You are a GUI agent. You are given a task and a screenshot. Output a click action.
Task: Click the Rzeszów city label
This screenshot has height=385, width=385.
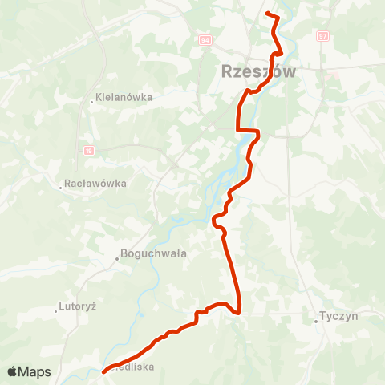[x=258, y=71]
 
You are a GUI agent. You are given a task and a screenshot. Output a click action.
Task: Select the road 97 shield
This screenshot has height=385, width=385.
[x=322, y=36]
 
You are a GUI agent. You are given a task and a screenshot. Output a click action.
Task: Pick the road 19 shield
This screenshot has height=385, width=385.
[x=88, y=150]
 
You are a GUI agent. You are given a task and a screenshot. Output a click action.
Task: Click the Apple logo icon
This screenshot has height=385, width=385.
[x=13, y=371]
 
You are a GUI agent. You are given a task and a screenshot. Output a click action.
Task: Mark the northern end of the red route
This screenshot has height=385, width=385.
[x=267, y=14]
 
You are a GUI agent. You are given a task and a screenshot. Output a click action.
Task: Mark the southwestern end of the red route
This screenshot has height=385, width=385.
[x=104, y=371]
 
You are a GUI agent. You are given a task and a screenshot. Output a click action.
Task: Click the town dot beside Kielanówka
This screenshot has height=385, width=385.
[x=92, y=102]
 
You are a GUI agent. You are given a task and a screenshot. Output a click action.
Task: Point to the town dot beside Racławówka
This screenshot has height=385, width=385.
[x=61, y=188]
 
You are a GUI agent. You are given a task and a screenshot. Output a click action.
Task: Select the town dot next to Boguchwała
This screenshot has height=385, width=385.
[x=115, y=257]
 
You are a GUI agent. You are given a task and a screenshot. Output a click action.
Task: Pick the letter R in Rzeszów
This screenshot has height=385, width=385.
[x=227, y=71]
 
